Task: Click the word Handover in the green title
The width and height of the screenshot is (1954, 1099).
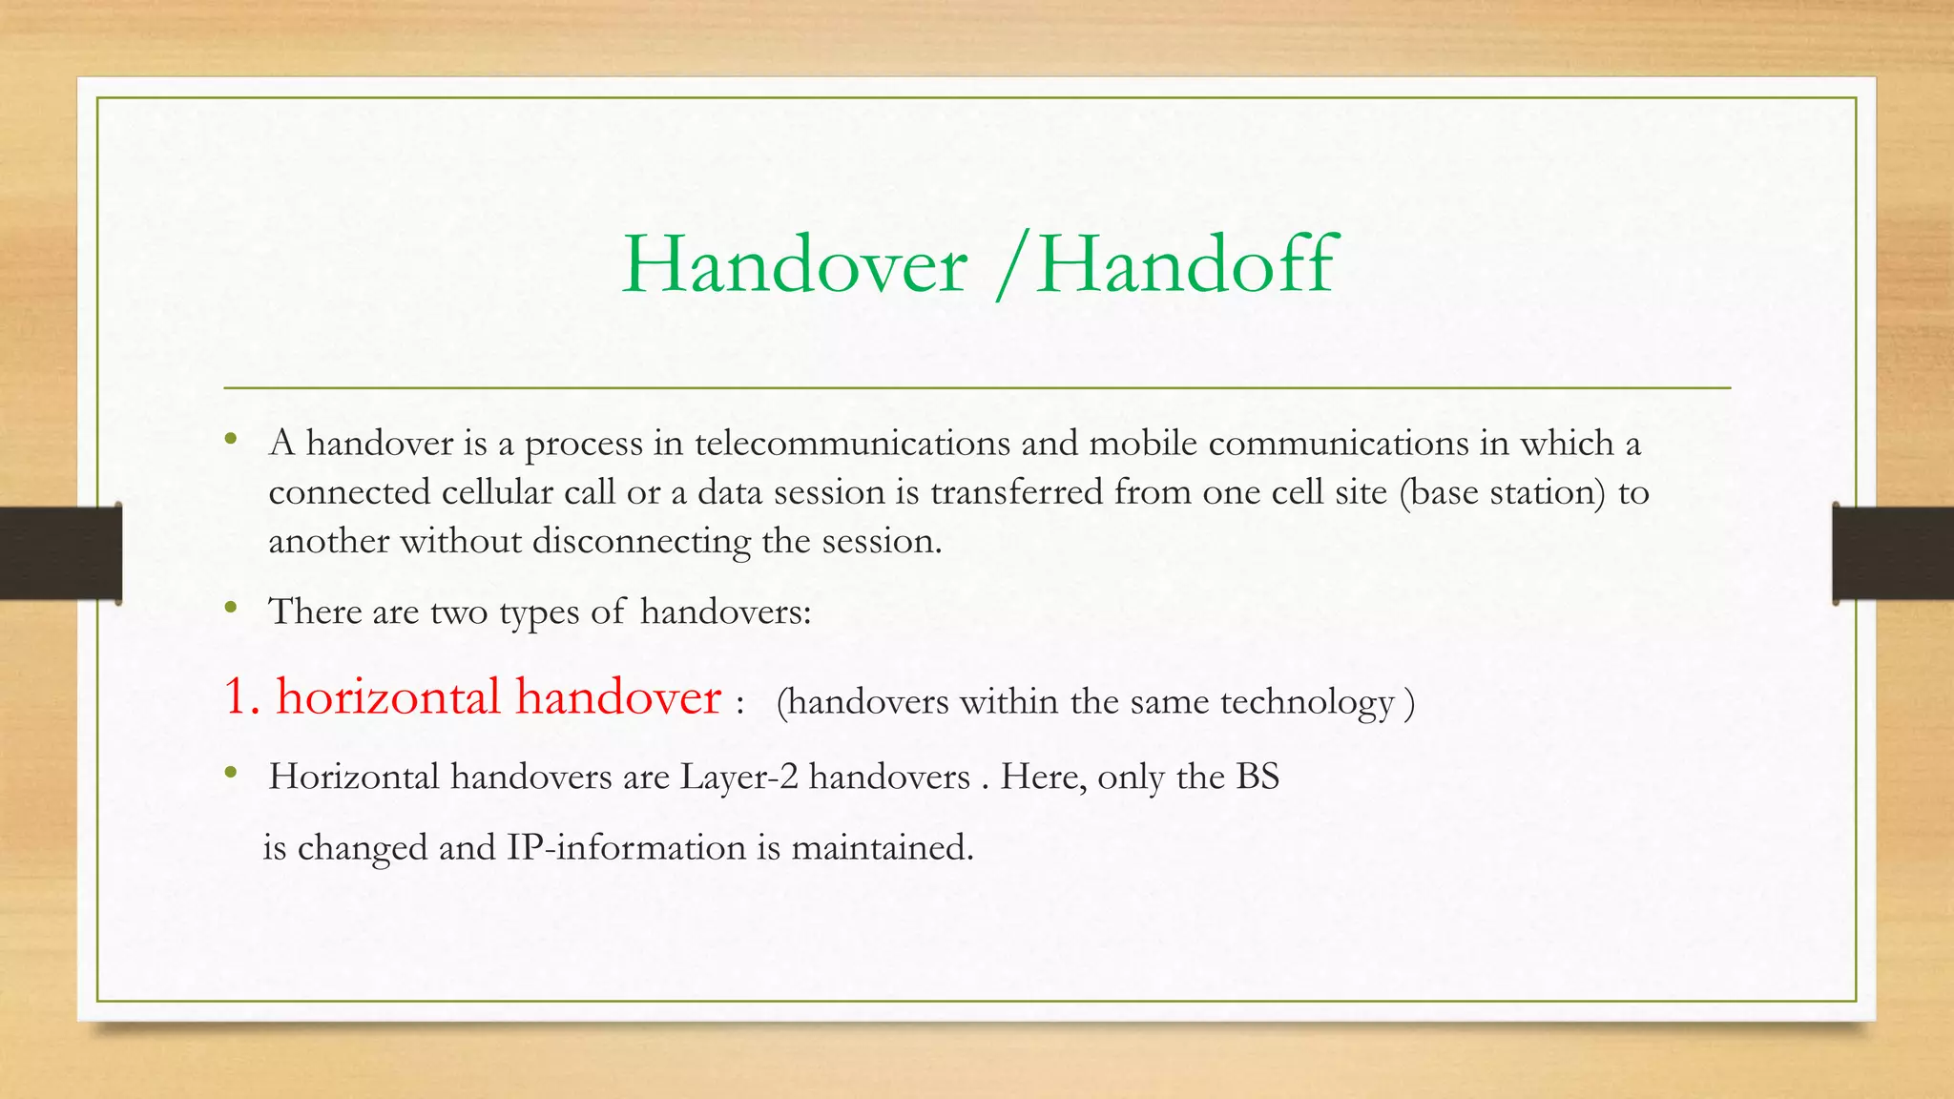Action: pyautogui.click(x=794, y=264)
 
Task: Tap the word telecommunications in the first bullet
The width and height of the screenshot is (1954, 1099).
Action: pyautogui.click(x=852, y=444)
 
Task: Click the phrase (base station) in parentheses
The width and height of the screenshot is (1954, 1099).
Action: pyautogui.click(x=1503, y=493)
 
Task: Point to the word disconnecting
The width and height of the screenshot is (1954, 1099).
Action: pyautogui.click(x=641, y=542)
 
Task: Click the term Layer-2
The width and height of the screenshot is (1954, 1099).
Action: pyautogui.click(x=738, y=778)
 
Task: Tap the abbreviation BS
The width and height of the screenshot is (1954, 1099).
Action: pyautogui.click(x=1258, y=778)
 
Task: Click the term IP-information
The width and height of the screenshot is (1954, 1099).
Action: pyautogui.click(x=626, y=847)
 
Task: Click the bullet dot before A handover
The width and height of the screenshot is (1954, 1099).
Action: pyautogui.click(x=231, y=441)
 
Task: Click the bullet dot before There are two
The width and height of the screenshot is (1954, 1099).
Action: pyautogui.click(x=231, y=608)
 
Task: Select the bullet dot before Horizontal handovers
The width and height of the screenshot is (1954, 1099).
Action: pyautogui.click(x=231, y=774)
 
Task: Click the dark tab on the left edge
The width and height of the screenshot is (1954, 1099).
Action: pyautogui.click(x=60, y=553)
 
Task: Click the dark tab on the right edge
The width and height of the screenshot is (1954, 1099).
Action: pyautogui.click(x=1893, y=553)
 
